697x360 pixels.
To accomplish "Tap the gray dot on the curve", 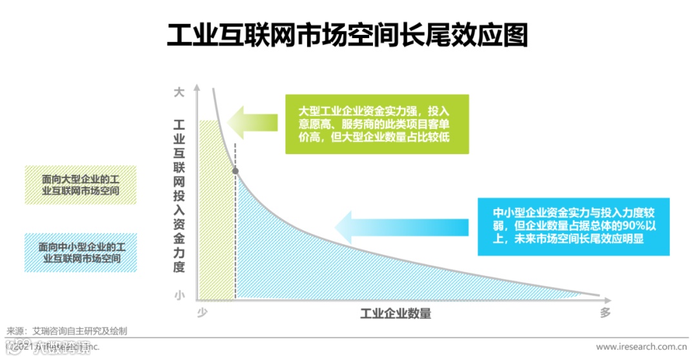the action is (235, 171).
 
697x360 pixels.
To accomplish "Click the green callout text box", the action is (377, 124).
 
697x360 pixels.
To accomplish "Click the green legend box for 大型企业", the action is (81, 185).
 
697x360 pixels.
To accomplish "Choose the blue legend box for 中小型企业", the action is (81, 252).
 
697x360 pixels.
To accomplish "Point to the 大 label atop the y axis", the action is (179, 93).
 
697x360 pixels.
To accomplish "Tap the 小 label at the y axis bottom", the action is (179, 295).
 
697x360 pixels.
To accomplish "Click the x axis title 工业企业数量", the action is (396, 314).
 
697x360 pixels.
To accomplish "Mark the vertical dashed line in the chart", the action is (235, 245).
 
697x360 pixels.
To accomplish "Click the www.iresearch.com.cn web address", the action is (643, 347).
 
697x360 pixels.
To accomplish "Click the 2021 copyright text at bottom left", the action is (52, 347).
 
